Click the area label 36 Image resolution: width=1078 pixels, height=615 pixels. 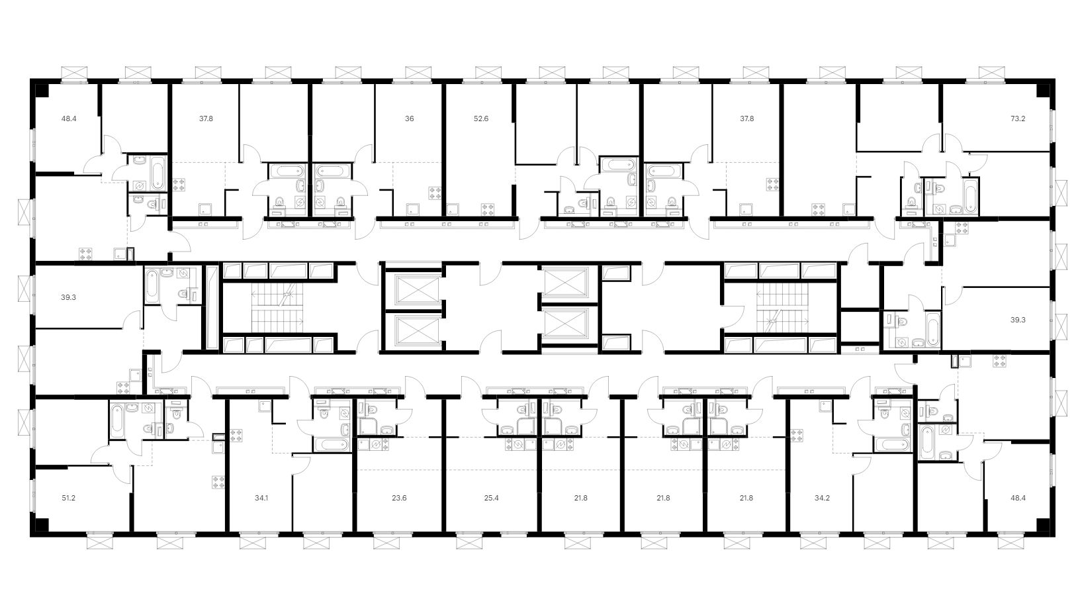pyautogui.click(x=409, y=118)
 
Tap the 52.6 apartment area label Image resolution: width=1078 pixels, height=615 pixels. pyautogui.click(x=481, y=118)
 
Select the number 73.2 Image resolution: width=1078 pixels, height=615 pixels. pyautogui.click(x=1018, y=118)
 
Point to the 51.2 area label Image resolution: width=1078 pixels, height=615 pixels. pyautogui.click(x=68, y=498)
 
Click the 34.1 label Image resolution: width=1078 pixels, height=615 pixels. pyautogui.click(x=261, y=498)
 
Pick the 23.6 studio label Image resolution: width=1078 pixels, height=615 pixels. pyautogui.click(x=399, y=498)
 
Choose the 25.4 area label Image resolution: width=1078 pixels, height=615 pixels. pyautogui.click(x=491, y=498)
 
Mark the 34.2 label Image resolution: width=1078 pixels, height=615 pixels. pyautogui.click(x=822, y=498)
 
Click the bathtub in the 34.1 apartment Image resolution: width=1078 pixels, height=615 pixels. pyautogui.click(x=331, y=444)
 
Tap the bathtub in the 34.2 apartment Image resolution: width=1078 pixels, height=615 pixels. pyautogui.click(x=892, y=444)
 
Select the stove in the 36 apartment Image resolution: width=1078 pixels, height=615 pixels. pyautogui.click(x=435, y=193)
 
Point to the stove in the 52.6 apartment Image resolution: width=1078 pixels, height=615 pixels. pyautogui.click(x=487, y=209)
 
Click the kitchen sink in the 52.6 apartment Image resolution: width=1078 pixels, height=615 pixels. pyautogui.click(x=453, y=209)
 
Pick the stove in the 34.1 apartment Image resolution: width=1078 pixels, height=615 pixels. pyautogui.click(x=236, y=436)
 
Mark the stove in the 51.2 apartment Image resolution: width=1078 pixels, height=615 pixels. pyautogui.click(x=218, y=482)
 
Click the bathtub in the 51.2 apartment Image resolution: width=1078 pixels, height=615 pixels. pyautogui.click(x=117, y=420)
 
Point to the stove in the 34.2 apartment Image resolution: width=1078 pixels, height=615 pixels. pyautogui.click(x=797, y=436)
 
